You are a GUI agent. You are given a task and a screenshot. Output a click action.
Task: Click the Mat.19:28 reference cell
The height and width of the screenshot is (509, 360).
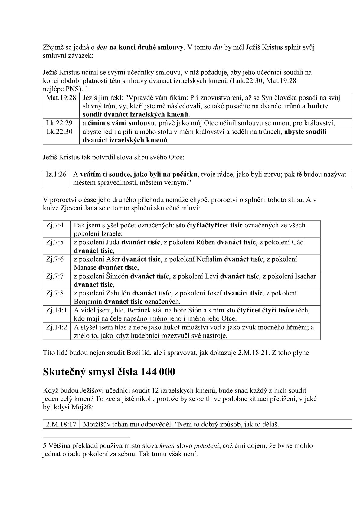tap(61, 98)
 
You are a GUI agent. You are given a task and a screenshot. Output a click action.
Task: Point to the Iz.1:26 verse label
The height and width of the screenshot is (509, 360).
tap(56, 174)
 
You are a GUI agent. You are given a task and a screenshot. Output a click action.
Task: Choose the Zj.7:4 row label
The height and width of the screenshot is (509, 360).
tap(55, 225)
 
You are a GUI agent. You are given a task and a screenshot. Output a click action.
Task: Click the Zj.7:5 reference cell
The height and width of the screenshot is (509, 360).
tap(55, 242)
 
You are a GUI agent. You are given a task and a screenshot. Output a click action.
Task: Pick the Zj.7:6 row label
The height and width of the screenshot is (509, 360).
tap(55, 259)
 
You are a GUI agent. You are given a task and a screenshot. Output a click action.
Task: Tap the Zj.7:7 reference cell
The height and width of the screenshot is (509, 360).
tap(55, 276)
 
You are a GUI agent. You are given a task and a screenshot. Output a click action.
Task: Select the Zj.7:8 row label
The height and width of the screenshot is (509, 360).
tap(55, 293)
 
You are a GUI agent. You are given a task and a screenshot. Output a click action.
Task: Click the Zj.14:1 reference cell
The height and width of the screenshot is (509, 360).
tap(57, 310)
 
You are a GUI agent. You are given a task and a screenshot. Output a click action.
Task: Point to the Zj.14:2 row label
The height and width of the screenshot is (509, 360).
tap(57, 327)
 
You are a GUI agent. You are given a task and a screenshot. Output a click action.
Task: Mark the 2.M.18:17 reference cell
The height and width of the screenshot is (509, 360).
tap(61, 424)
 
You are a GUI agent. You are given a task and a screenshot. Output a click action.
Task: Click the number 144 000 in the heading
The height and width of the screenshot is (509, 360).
tap(158, 372)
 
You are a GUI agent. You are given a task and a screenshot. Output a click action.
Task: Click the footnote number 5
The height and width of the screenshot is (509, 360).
tap(45, 445)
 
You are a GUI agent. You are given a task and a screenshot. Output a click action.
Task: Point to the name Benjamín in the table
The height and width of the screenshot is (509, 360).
tap(88, 302)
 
